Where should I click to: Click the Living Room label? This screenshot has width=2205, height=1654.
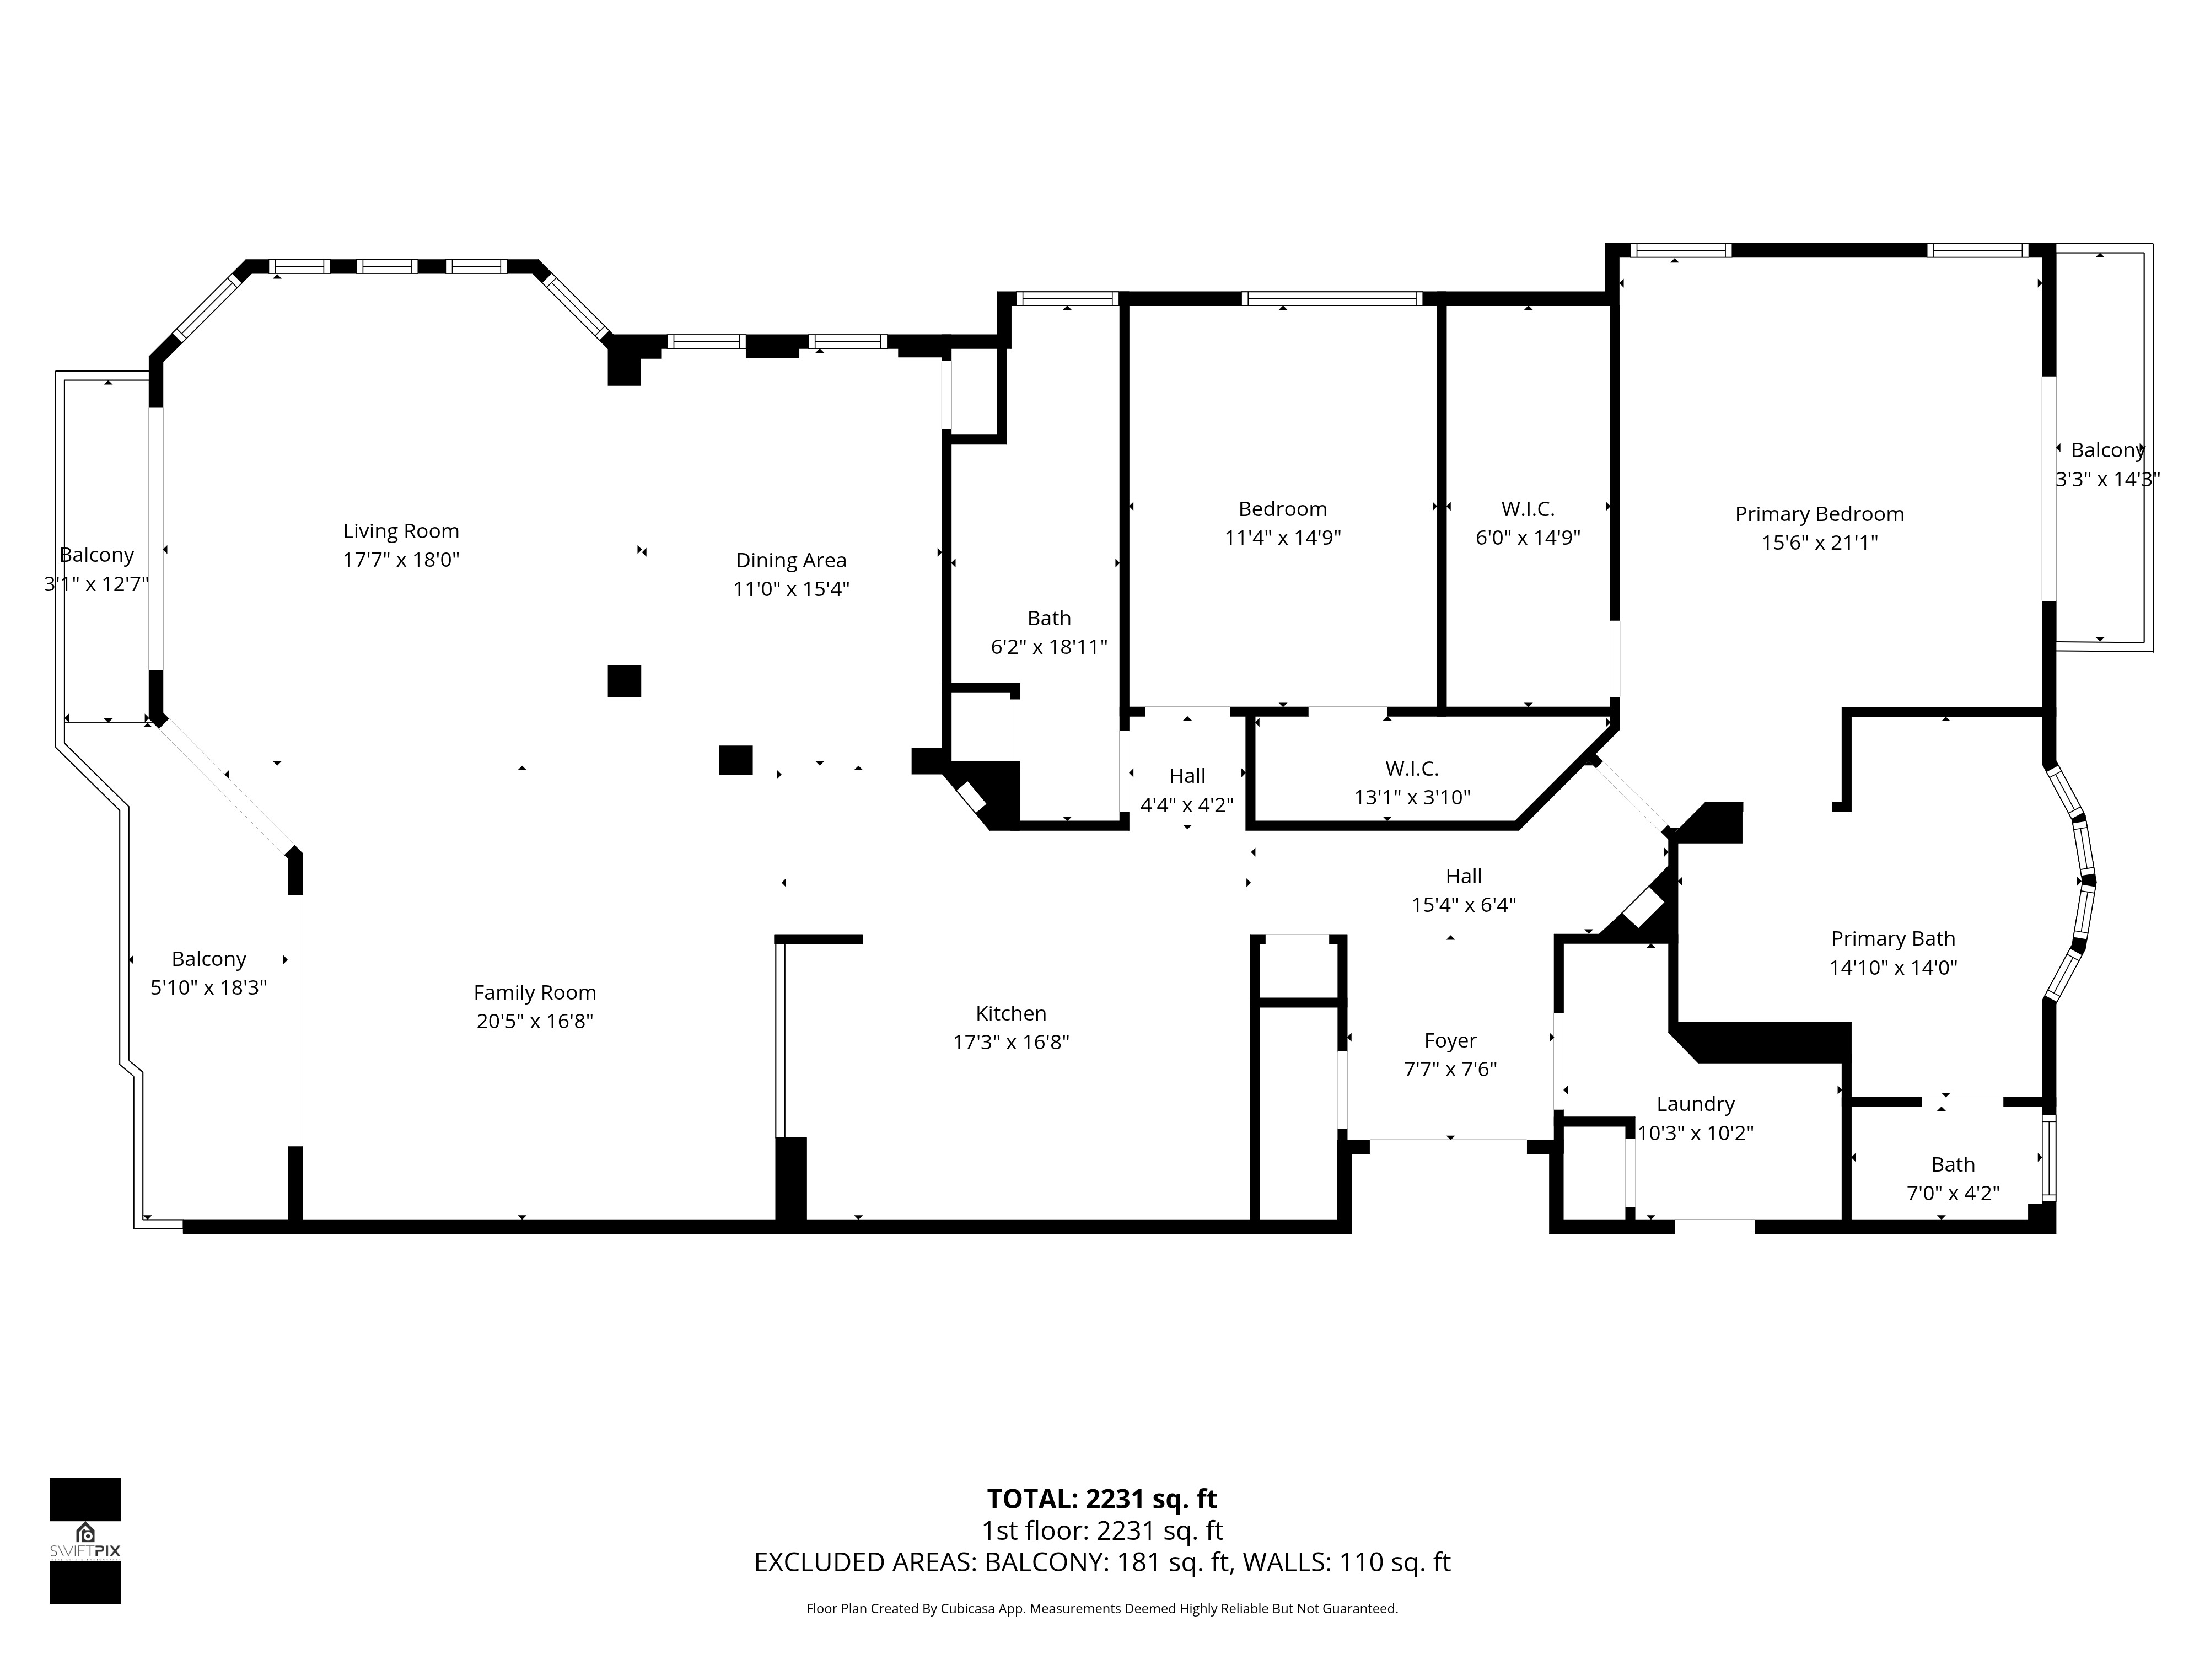pyautogui.click(x=401, y=531)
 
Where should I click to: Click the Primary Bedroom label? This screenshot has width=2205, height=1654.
pyautogui.click(x=1819, y=514)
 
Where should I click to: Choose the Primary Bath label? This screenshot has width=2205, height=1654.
pyautogui.click(x=1893, y=939)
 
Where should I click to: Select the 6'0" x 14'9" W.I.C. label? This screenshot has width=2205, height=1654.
pyautogui.click(x=1528, y=523)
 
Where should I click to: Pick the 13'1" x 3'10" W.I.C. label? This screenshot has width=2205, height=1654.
pyautogui.click(x=1412, y=783)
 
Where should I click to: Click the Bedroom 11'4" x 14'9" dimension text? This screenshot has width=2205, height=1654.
pyautogui.click(x=1283, y=538)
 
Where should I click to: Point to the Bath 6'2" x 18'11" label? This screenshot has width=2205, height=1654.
pyautogui.click(x=1048, y=632)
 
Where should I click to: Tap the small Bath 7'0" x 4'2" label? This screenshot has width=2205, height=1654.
pyautogui.click(x=1953, y=1178)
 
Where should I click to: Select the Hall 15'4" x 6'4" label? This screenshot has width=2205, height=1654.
pyautogui.click(x=1464, y=890)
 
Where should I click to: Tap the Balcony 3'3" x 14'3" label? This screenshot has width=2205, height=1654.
pyautogui.click(x=2107, y=465)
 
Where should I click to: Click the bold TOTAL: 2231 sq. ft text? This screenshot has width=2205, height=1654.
pyautogui.click(x=1101, y=1527)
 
